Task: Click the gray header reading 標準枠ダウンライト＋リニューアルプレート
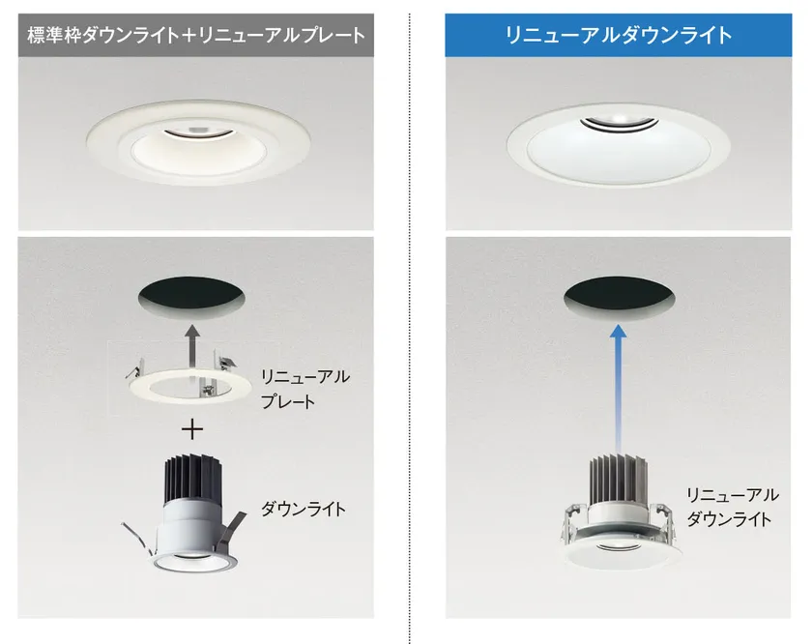195,35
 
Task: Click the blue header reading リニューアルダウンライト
619,35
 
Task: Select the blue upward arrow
618,387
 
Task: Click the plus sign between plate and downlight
192,429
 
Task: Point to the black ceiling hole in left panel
192,299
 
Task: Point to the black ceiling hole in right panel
619,299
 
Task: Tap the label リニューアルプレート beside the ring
305,389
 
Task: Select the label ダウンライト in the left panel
304,509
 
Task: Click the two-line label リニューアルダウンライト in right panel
732,506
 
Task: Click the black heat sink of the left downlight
192,479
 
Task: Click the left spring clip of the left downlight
141,539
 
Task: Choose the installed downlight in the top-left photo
198,142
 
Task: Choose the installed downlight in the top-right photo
619,143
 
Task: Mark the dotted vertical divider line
410,328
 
